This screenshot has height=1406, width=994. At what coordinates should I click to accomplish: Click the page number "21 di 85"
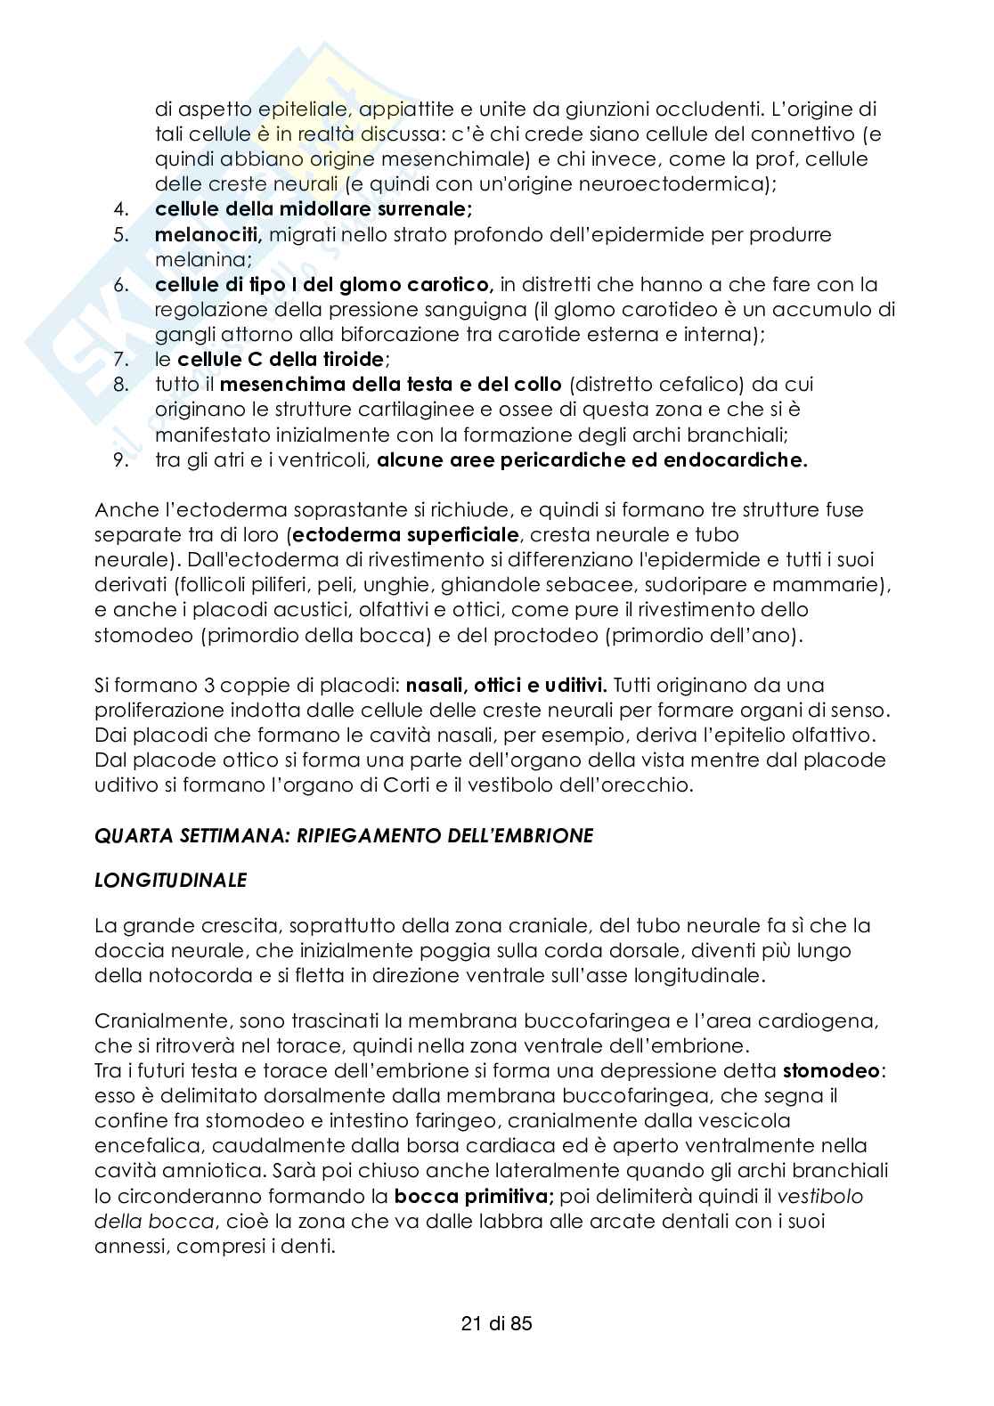(496, 1323)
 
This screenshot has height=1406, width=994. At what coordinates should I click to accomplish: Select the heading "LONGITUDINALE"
(170, 880)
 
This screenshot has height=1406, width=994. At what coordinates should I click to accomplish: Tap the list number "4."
(121, 210)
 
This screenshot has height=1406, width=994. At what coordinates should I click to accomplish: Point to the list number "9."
(121, 460)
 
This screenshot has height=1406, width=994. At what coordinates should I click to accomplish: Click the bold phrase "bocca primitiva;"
(475, 1195)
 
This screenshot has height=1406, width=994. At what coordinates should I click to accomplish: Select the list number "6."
(121, 285)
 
